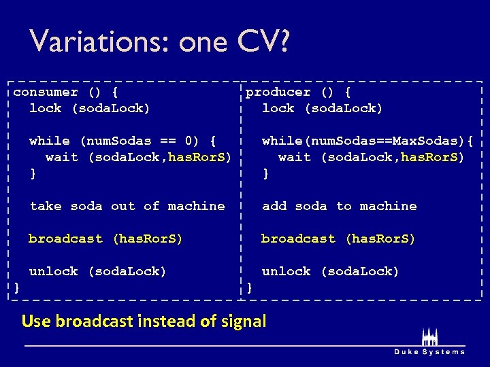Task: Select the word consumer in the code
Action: (46, 92)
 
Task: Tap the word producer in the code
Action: (278, 92)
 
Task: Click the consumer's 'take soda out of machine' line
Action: (127, 206)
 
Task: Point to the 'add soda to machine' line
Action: (339, 206)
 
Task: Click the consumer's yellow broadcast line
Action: (105, 239)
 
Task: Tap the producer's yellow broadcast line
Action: (338, 239)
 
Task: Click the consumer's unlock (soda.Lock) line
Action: (97, 271)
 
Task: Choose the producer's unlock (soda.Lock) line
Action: (330, 271)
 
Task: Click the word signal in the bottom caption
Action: (244, 321)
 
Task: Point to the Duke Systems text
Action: (429, 351)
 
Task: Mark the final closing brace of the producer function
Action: (249, 287)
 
